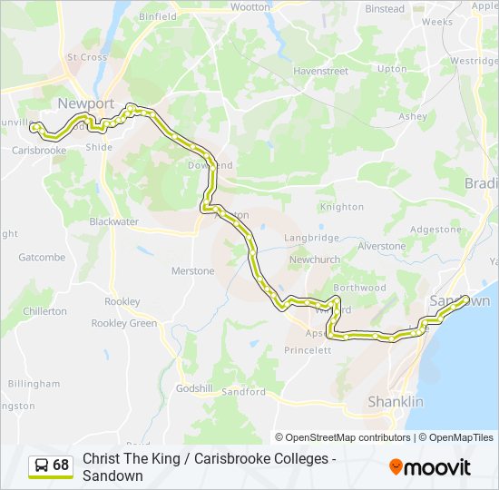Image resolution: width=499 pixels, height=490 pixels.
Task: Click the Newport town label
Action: [x=85, y=103]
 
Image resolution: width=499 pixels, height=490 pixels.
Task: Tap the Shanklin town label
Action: [x=395, y=402]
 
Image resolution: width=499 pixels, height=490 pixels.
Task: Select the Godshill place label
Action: [x=194, y=387]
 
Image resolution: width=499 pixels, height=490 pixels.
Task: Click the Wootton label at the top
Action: [x=250, y=6]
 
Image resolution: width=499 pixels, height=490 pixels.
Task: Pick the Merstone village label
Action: [x=192, y=271]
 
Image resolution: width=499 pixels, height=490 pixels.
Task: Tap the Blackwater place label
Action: [x=113, y=221]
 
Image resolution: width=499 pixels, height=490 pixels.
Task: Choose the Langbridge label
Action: [x=311, y=238]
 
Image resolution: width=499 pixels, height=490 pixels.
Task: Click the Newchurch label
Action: [x=314, y=260]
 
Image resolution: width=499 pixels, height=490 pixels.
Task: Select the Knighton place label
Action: [x=341, y=207]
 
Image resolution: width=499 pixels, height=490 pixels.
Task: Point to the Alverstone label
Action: [x=381, y=246]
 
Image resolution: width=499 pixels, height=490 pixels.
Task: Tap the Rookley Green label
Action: [x=123, y=323]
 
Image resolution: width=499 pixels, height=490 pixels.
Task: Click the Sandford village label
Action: [x=243, y=392]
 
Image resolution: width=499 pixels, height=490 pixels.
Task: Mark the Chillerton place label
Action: [x=44, y=311]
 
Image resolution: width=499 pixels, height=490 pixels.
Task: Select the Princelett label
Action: [x=308, y=349]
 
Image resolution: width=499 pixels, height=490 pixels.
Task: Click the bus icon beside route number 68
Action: [x=42, y=465]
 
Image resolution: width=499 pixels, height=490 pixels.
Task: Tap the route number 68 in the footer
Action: [x=61, y=465]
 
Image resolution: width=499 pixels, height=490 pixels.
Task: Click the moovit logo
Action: [x=430, y=467]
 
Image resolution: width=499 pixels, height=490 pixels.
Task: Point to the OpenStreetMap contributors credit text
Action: [x=343, y=437]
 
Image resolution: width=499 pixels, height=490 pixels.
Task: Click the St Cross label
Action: [x=86, y=57]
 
